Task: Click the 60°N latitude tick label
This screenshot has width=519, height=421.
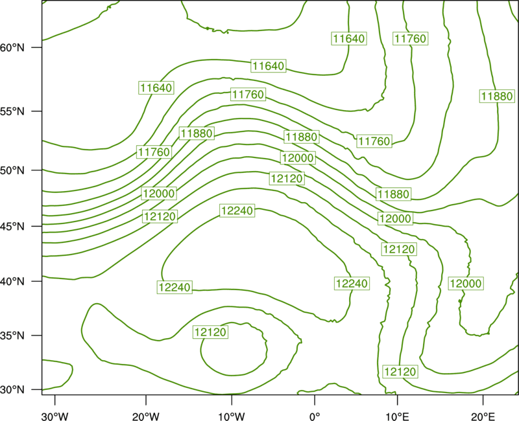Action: point(12,47)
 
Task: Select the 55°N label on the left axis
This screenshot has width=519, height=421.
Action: point(12,111)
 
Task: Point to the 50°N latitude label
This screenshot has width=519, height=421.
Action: point(12,170)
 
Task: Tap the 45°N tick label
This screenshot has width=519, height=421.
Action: point(12,226)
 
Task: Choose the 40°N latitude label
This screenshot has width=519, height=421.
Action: point(12,282)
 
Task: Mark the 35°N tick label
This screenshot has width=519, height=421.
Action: point(12,336)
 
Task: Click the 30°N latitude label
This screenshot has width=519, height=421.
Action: point(12,390)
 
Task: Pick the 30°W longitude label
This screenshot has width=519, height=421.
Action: point(55,416)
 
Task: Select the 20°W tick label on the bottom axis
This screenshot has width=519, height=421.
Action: point(146,416)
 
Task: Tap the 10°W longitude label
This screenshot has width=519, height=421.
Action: point(232,416)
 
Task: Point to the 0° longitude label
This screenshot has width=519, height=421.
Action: point(315,416)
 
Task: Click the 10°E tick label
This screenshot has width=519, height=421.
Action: point(397,416)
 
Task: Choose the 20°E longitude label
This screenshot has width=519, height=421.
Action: point(483,416)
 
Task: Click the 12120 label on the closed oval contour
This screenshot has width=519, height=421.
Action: point(210,332)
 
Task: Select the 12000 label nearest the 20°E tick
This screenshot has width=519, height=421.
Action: point(466,284)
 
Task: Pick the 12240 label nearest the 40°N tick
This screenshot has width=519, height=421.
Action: point(175,287)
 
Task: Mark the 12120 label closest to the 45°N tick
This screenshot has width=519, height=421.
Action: point(160,217)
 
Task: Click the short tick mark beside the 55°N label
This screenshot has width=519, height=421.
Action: point(37,111)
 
